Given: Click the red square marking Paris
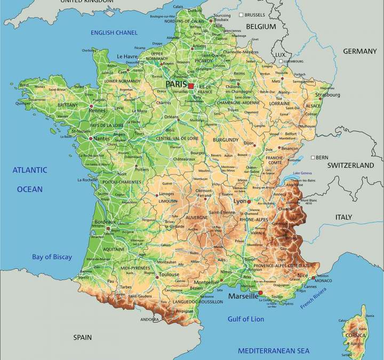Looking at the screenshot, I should pyautogui.click(x=191, y=85).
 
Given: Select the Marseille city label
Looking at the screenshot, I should pyautogui.click(x=243, y=296).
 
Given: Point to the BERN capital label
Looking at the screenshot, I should pyautogui.click(x=322, y=157).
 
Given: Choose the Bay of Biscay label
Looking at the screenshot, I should pyautogui.click(x=52, y=257).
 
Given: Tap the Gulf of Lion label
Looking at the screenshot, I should pyautogui.click(x=246, y=319).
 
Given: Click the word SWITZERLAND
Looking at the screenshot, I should pyautogui.click(x=350, y=166).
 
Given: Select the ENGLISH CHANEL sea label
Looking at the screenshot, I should pyautogui.click(x=114, y=33).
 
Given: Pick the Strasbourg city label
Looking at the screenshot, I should pyautogui.click(x=327, y=95).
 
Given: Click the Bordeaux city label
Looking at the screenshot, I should pyautogui.click(x=105, y=221).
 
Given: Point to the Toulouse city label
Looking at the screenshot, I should pyautogui.click(x=169, y=274).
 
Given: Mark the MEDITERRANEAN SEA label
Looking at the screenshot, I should pyautogui.click(x=273, y=350).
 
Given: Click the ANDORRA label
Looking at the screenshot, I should pyautogui.click(x=149, y=319).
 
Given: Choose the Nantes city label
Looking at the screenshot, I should pyautogui.click(x=101, y=139).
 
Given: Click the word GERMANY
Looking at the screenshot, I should pyautogui.click(x=359, y=51).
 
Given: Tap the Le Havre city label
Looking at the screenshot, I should pyautogui.click(x=127, y=57).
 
